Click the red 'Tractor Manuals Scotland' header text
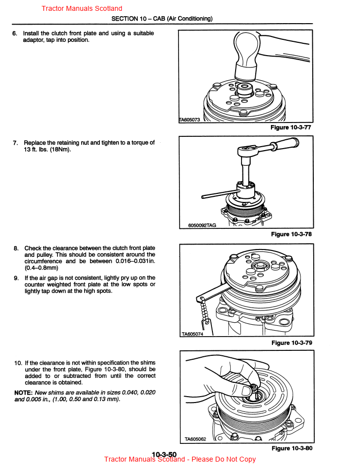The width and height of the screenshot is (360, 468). [x=82, y=8]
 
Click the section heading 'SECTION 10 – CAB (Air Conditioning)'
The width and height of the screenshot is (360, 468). [x=162, y=19]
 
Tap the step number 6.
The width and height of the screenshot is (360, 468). [x=15, y=33]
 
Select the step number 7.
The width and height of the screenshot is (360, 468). [x=15, y=143]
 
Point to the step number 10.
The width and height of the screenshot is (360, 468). [x=18, y=363]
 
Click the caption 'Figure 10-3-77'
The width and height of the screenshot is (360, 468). [x=291, y=127]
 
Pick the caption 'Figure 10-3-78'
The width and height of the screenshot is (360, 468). [x=291, y=234]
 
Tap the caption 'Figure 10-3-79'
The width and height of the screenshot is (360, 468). [x=291, y=343]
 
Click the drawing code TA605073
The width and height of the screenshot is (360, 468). [x=189, y=120]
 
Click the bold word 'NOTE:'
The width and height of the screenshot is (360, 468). [x=24, y=392]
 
